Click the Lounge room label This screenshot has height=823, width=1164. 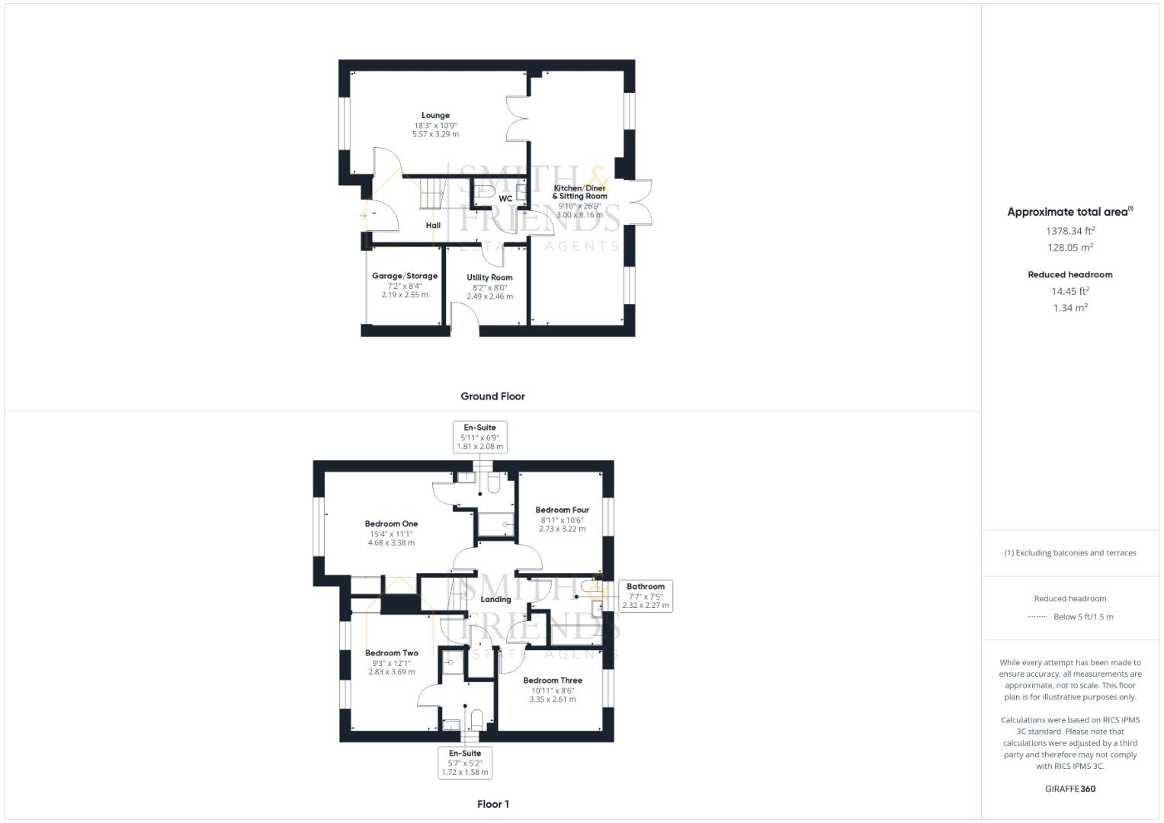pyautogui.click(x=435, y=116)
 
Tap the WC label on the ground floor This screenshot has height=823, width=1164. pyautogui.click(x=505, y=199)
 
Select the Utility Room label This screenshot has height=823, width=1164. pyautogui.click(x=489, y=277)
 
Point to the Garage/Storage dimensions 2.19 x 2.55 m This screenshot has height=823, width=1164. pyautogui.click(x=405, y=295)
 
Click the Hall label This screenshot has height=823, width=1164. pyautogui.click(x=433, y=226)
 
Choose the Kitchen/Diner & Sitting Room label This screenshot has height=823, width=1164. pyautogui.click(x=579, y=192)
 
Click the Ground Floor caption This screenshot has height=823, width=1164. pyautogui.click(x=492, y=396)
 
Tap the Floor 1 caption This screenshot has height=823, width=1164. pyautogui.click(x=492, y=804)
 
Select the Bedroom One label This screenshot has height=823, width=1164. pyautogui.click(x=391, y=524)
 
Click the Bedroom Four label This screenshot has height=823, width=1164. pyautogui.click(x=562, y=510)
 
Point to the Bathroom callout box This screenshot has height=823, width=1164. pyautogui.click(x=646, y=596)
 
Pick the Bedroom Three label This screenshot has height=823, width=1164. pyautogui.click(x=553, y=680)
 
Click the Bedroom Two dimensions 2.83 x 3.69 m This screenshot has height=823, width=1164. pyautogui.click(x=391, y=672)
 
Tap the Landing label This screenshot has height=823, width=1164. pyautogui.click(x=495, y=599)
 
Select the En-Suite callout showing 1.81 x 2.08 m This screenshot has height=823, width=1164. pyautogui.click(x=479, y=437)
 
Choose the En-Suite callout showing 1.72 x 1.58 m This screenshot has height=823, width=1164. pyautogui.click(x=465, y=763)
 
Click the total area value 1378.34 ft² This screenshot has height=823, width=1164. pyautogui.click(x=1070, y=230)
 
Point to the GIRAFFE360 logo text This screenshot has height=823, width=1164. pyautogui.click(x=1070, y=789)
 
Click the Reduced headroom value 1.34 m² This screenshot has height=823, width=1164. pyautogui.click(x=1070, y=308)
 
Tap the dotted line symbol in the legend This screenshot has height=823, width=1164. pyautogui.click(x=1037, y=617)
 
